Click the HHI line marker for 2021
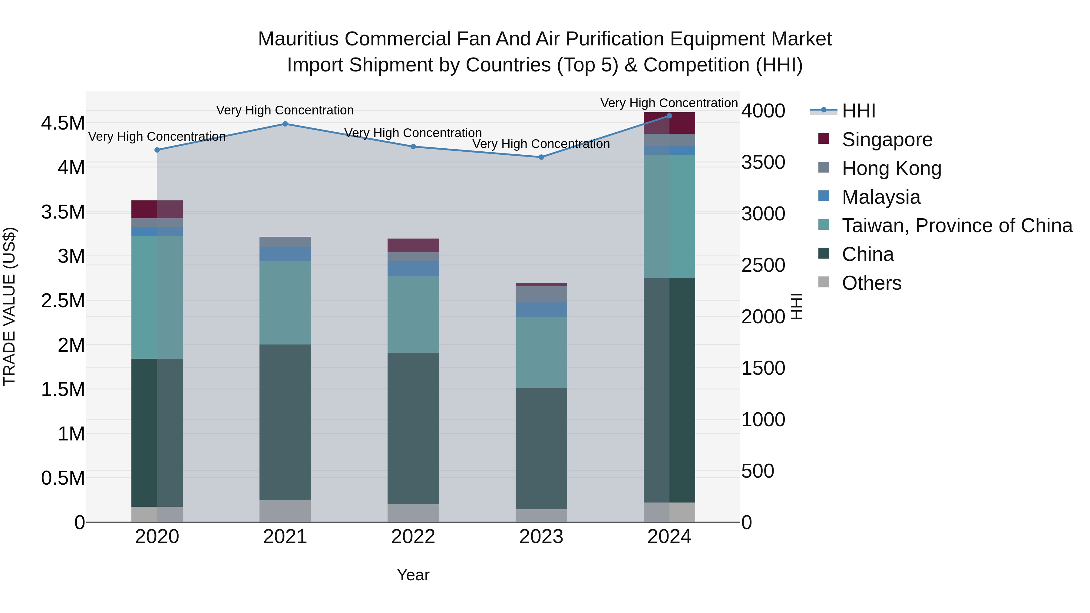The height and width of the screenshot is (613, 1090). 285,124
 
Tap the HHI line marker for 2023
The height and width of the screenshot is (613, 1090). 541,157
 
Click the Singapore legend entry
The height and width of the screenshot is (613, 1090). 887,140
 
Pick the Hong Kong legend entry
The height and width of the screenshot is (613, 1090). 891,168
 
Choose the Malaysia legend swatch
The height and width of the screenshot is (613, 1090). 824,196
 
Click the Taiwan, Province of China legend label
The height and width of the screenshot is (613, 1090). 957,226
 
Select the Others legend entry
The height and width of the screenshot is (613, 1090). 871,283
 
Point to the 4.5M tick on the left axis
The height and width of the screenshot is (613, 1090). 63,123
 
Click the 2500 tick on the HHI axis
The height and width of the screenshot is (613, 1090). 763,265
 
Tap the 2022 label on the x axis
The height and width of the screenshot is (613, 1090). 413,537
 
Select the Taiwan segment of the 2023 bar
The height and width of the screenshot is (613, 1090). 541,352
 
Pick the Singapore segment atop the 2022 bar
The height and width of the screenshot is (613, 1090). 413,246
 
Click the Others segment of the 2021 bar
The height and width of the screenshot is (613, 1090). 285,511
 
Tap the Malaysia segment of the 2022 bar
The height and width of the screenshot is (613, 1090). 413,269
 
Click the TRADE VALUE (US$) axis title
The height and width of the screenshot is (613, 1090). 9,306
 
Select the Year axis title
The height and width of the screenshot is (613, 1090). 413,575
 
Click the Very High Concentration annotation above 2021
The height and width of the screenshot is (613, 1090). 285,110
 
